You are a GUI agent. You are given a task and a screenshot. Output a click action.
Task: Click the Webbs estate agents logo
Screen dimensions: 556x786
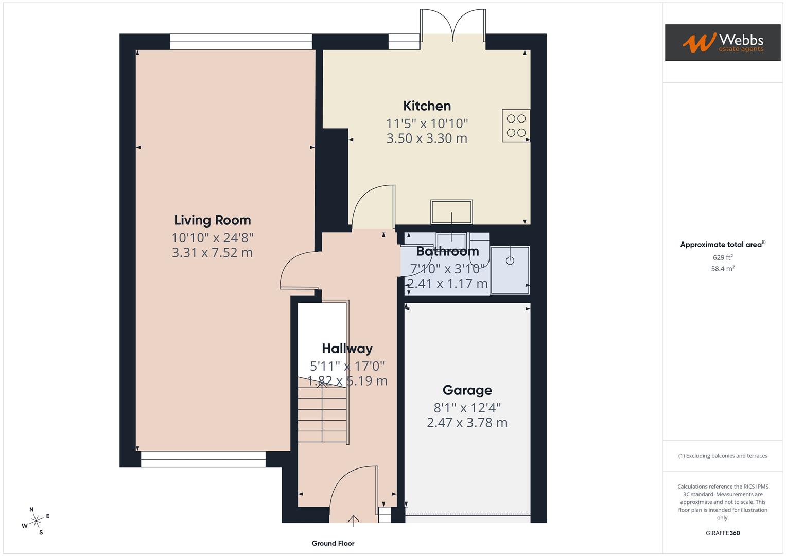(722, 42)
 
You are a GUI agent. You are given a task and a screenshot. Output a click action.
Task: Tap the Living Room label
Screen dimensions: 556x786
(212, 220)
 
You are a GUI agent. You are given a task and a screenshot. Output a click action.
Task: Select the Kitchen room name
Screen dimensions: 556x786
(427, 106)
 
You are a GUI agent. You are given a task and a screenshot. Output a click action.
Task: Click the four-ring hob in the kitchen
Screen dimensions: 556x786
(516, 126)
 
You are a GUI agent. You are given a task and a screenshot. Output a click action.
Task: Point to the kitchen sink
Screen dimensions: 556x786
(451, 212)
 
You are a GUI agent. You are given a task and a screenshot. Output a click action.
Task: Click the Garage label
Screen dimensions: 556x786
(467, 390)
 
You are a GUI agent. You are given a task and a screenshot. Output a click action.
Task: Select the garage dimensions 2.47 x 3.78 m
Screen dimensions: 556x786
(467, 423)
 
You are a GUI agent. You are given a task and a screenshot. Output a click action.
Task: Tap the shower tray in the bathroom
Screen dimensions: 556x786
(510, 270)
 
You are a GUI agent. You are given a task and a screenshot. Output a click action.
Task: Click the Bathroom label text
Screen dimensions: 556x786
(447, 251)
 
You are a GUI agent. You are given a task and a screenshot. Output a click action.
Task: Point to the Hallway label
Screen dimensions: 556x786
(347, 349)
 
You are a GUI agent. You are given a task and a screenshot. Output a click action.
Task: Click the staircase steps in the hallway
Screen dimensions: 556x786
(322, 414)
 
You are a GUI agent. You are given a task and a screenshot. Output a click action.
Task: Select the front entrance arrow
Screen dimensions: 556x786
(354, 520)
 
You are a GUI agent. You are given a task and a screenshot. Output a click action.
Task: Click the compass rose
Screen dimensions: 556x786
(36, 521)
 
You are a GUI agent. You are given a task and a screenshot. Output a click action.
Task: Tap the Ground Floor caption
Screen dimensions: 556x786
(333, 543)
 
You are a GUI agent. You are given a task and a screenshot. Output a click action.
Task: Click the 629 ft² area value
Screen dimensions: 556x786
(722, 257)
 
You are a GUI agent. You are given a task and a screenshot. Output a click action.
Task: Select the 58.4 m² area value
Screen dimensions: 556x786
(722, 269)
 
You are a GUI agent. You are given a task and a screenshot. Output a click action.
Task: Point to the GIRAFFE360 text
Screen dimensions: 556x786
(722, 533)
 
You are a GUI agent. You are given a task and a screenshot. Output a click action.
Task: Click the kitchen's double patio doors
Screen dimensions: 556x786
(452, 26)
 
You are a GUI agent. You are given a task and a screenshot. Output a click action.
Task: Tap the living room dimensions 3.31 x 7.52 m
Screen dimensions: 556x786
(212, 253)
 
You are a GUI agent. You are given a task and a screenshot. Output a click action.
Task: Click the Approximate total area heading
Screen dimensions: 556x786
(722, 245)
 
